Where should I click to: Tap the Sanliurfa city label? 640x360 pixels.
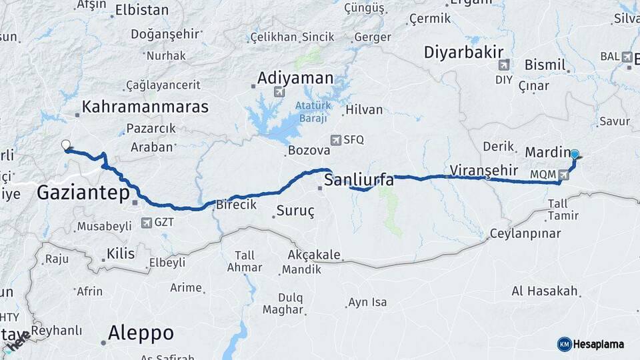tap(359, 180)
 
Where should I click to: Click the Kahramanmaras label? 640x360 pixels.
tap(145, 107)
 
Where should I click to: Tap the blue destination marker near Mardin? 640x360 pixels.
tap(575, 154)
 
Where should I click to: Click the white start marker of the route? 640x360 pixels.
tap(65, 145)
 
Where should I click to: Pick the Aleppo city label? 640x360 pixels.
tap(141, 332)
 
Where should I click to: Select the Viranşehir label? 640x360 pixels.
tap(484, 170)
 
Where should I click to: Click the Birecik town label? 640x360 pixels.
tap(235, 206)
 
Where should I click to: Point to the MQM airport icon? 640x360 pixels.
tap(565, 175)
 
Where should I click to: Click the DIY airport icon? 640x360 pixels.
tap(503, 65)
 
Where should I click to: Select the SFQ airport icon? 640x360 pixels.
tap(337, 139)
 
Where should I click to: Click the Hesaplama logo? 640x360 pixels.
tap(591, 344)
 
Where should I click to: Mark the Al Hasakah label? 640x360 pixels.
tap(544, 291)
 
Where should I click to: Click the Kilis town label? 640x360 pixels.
tap(121, 253)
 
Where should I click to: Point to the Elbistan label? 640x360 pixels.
tap(141, 10)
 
